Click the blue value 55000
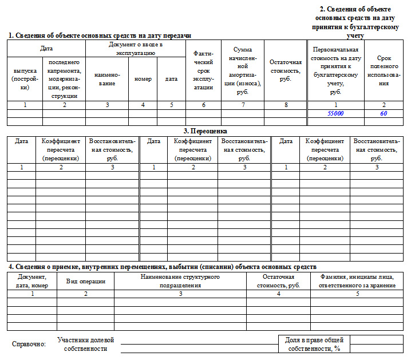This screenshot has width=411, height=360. click(x=335, y=113)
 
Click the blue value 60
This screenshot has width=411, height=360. click(x=384, y=113)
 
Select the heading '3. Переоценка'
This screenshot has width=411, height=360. click(x=205, y=131)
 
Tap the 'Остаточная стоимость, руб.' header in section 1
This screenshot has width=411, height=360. click(x=285, y=70)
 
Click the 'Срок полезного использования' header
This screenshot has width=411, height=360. click(x=384, y=70)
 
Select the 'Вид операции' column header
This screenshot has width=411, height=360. click(x=85, y=281)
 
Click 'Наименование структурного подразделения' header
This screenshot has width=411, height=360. click(x=180, y=281)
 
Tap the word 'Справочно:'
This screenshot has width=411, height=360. click(x=29, y=344)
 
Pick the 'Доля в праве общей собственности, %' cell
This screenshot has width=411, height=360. click(x=314, y=344)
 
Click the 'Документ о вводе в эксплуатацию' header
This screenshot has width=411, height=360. click(x=136, y=48)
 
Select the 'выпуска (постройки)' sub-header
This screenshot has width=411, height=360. click(x=25, y=79)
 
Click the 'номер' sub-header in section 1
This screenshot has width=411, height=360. click(x=143, y=79)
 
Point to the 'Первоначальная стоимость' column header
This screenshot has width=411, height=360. click(x=335, y=70)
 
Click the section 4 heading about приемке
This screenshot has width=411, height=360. click(x=162, y=267)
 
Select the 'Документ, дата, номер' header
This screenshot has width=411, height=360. click(x=32, y=281)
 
